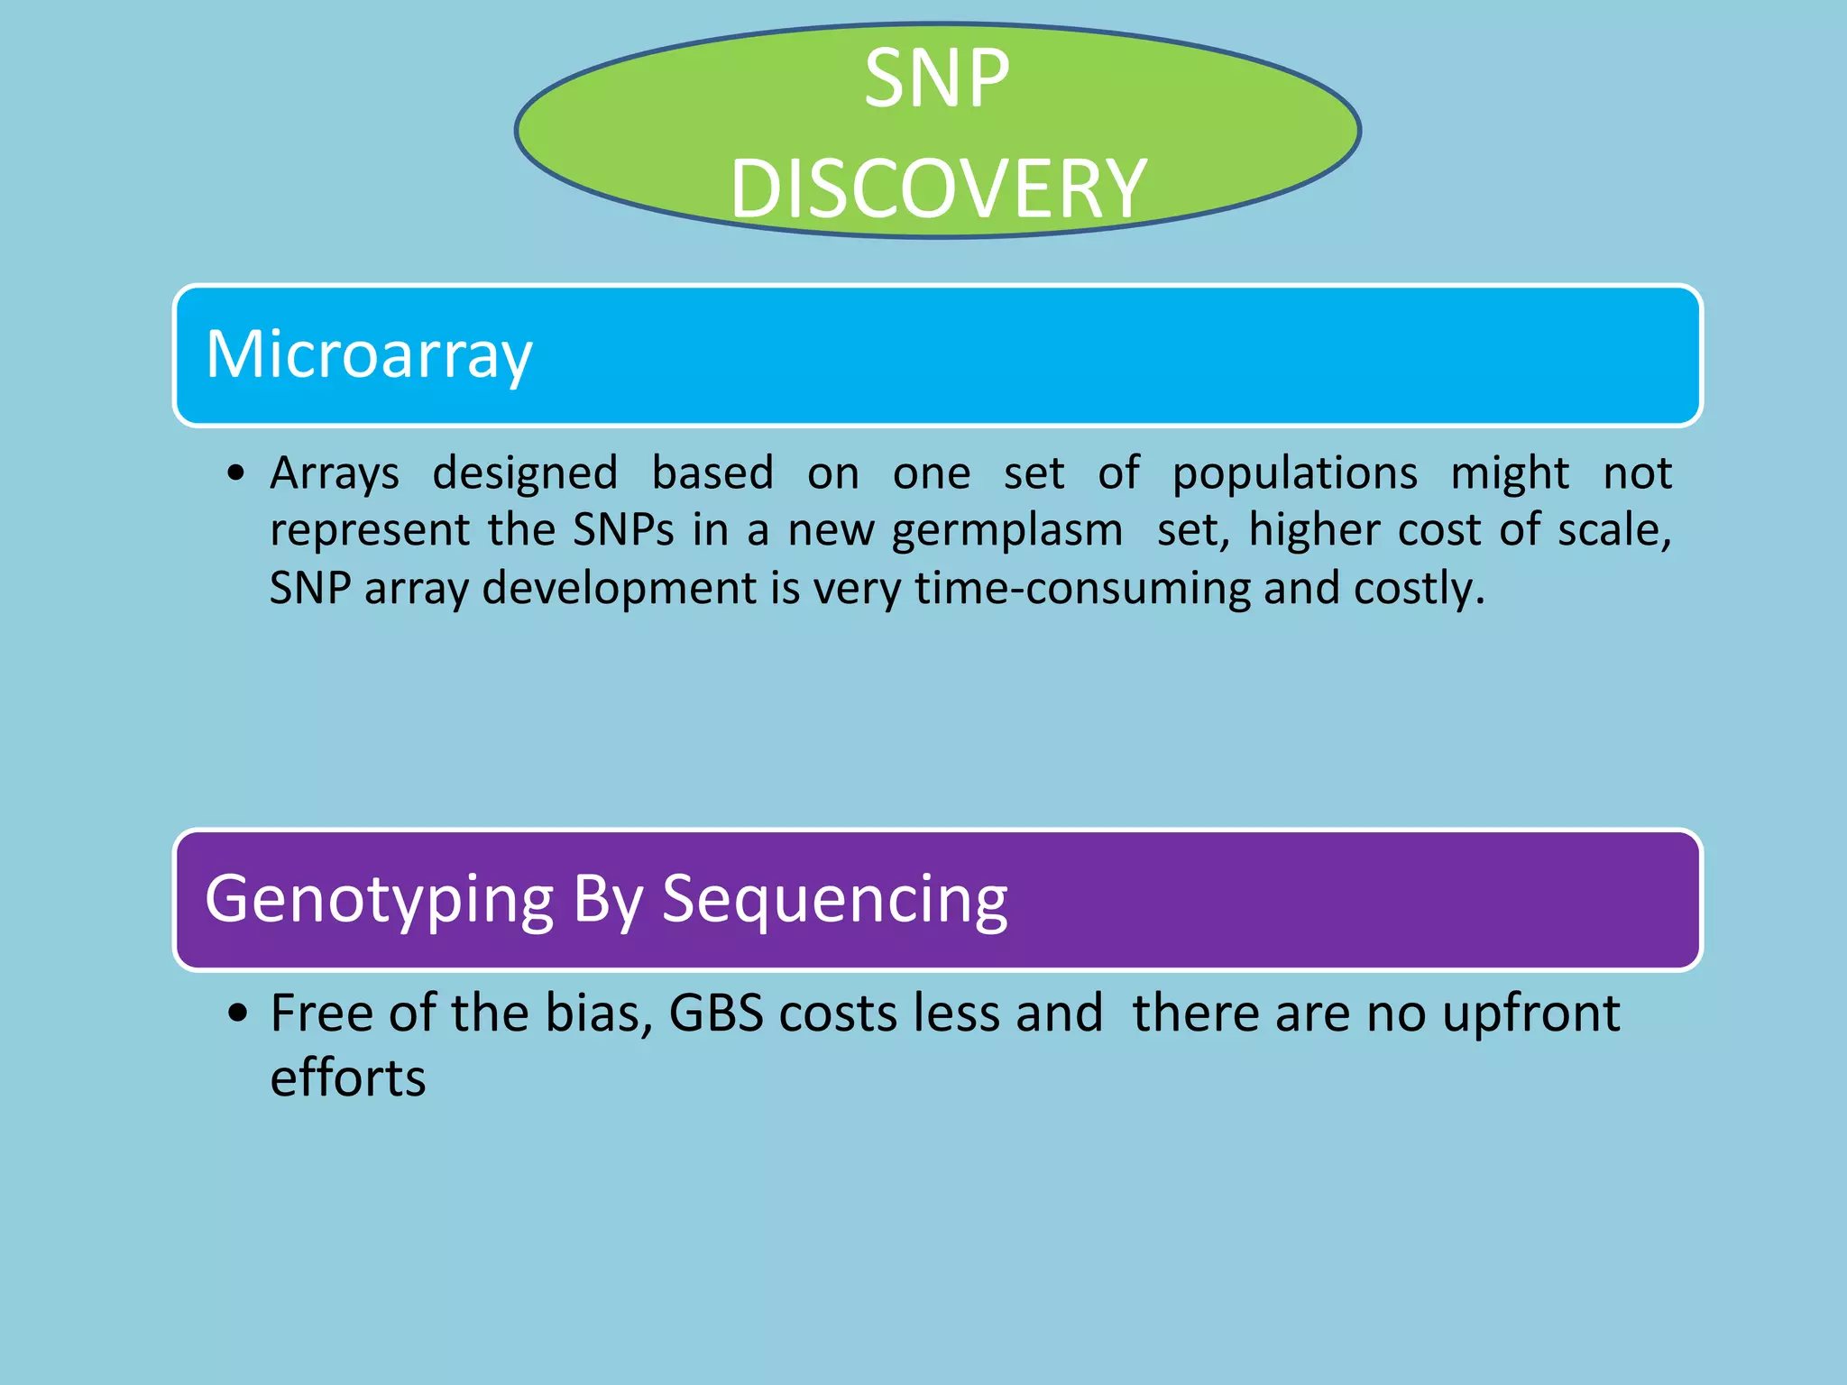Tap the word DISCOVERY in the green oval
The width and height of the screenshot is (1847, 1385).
938,188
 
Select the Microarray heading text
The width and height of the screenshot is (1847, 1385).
369,354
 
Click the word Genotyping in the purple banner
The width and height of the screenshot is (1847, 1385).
379,900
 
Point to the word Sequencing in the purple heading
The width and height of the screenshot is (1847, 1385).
834,900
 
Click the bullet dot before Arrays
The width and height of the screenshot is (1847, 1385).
236,473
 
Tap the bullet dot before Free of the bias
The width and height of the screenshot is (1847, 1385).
237,1014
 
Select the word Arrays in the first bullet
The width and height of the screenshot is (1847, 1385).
334,473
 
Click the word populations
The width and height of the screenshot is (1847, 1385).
1294,473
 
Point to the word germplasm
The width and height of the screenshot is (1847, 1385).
1006,530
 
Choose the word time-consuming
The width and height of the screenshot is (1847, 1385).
1082,588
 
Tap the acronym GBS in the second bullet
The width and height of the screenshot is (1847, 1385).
716,1014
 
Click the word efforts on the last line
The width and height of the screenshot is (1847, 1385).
347,1078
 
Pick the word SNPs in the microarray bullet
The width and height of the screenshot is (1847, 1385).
623,530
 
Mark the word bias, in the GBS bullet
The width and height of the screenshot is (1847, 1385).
599,1014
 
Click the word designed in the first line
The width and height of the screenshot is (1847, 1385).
525,473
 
